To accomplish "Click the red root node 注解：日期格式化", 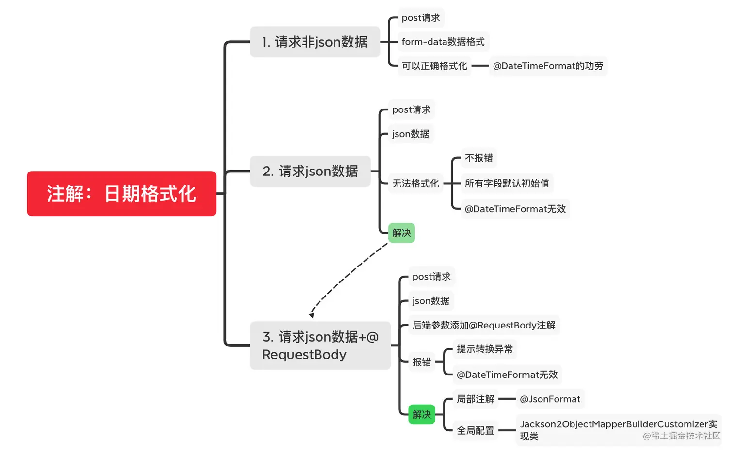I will pos(121,193).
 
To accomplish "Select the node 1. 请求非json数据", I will pos(315,42).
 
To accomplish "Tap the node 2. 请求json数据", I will pos(310,171).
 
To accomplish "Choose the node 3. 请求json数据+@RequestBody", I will pos(320,345).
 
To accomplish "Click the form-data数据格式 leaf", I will pos(443,42).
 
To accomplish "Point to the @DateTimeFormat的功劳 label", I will pos(548,66).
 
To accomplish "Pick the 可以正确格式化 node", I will pos(434,66).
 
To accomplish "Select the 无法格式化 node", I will pos(415,183).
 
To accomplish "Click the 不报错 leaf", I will pos(478,158).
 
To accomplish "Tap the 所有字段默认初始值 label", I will pos(507,183).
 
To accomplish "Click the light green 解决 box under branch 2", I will pos(401,233).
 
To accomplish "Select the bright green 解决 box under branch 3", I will pos(422,415).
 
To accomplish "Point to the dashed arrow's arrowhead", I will pos(312,315).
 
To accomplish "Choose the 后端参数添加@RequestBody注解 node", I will pos(484,325).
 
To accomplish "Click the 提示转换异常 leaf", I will pos(484,349).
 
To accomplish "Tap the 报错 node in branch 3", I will pos(422,362).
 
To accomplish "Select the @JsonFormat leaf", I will pos(550,399).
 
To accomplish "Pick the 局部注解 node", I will pos(475,399).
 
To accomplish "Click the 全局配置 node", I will pos(475,430).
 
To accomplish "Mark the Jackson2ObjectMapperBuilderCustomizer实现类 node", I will pos(618,430).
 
